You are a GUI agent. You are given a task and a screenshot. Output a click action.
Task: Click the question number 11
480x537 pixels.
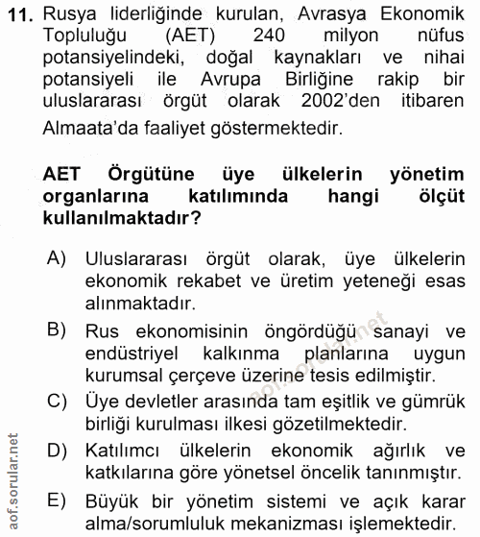22,13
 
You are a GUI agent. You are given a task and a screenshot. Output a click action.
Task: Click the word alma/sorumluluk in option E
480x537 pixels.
166,524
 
